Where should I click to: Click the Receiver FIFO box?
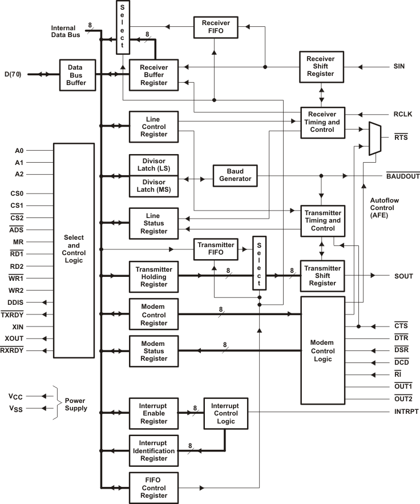click(x=216, y=27)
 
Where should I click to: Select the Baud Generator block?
click(x=235, y=175)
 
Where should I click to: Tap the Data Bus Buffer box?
click(x=78, y=75)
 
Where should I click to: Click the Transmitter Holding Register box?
click(x=154, y=277)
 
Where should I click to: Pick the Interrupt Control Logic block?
click(x=226, y=414)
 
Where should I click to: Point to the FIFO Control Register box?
click(x=154, y=488)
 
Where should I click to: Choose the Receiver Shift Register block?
click(x=321, y=67)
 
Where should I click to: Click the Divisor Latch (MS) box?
click(x=154, y=187)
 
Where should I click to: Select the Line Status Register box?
click(x=154, y=223)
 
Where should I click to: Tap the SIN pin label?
click(x=399, y=66)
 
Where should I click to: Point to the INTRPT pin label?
click(x=406, y=412)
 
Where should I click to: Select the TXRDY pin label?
click(x=12, y=315)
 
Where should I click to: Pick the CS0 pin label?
click(x=17, y=193)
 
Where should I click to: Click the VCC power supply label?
click(x=15, y=396)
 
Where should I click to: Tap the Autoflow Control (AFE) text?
click(x=384, y=208)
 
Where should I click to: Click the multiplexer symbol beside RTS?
click(x=375, y=139)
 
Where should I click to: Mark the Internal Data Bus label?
click(x=65, y=31)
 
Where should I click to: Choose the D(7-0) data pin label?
click(x=13, y=74)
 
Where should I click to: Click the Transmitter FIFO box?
click(x=216, y=249)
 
